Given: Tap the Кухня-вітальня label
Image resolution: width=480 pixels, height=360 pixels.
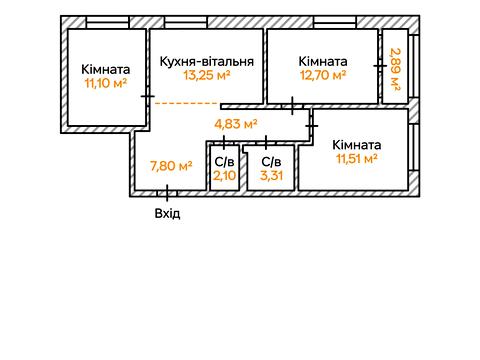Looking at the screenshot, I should point(206,61).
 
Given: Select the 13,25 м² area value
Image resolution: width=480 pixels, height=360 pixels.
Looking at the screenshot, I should point(206,74).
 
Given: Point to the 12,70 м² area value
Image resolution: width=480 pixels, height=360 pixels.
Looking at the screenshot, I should point(323,74).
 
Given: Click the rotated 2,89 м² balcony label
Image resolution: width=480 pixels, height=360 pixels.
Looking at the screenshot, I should point(395,69).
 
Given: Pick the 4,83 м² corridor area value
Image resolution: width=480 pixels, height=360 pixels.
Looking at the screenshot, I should point(236,124).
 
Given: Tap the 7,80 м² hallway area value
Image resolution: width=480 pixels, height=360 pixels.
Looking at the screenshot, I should point(171,166).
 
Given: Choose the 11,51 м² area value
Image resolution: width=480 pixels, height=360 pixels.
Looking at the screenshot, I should point(355,158).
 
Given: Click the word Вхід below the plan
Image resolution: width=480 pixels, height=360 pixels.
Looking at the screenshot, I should point(168,213).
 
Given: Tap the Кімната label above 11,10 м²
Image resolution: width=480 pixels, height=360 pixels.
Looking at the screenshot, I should point(105,69).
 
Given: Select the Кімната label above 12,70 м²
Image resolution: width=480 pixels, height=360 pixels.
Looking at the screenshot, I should point(323,61).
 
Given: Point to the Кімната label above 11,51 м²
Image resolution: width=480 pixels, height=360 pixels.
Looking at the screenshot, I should point(356,145).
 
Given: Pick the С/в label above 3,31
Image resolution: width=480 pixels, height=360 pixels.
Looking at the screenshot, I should point(271,161).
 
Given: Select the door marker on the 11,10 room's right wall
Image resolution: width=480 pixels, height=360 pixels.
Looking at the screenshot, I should point(148,96).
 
